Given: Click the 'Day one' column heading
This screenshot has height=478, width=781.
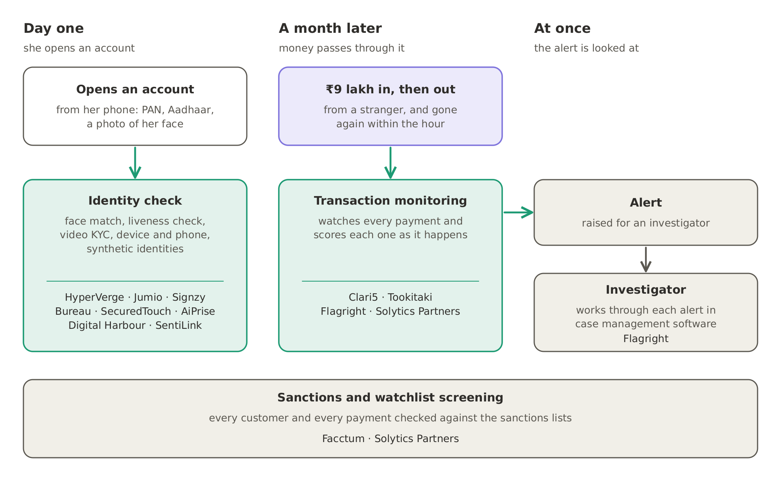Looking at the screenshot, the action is (53, 29).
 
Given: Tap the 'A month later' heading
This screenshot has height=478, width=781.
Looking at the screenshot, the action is (330, 29).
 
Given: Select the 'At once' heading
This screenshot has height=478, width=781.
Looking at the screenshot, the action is (562, 29).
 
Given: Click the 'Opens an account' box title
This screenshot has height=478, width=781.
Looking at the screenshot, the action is (135, 89).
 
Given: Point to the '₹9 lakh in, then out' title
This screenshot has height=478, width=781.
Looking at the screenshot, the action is (390, 89).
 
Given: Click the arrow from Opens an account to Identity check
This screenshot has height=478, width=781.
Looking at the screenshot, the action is (135, 162).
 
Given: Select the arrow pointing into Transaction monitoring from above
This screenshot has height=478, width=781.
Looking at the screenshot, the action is (390, 162).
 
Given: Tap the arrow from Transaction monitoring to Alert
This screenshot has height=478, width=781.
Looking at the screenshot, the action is (519, 212).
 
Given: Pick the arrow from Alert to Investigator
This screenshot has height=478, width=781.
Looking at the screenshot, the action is (646, 260).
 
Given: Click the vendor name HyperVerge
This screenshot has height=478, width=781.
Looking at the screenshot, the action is (95, 298).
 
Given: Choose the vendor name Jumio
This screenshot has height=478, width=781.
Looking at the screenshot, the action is (148, 298).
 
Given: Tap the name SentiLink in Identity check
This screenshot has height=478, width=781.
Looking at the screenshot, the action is (178, 326).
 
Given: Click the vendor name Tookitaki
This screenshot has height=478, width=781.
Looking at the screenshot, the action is (410, 298).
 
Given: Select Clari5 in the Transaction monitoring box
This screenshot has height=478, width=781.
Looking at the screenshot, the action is (363, 298).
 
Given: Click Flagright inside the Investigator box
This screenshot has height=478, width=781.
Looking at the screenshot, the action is (646, 339).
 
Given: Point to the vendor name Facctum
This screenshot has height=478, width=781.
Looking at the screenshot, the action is (343, 439).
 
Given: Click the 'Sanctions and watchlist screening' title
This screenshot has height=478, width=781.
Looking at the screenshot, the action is (390, 398).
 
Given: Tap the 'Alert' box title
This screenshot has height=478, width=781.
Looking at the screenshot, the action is (646, 203).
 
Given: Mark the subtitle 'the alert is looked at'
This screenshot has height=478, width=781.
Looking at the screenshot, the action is (587, 48).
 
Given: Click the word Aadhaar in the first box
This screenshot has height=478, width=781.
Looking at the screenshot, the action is (191, 110).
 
